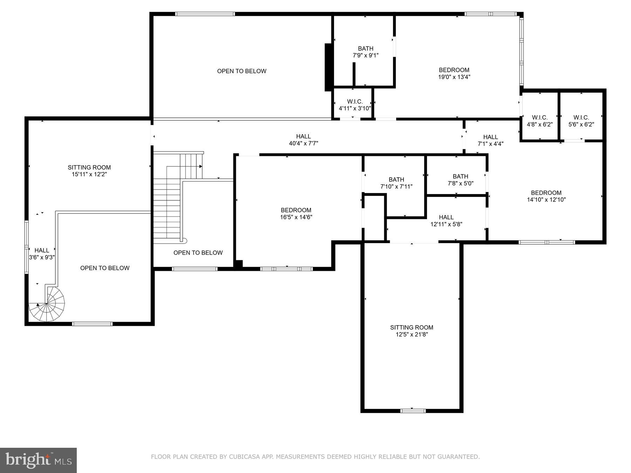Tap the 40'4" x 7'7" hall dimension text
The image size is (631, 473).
303,143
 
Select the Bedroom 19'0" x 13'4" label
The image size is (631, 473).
454,73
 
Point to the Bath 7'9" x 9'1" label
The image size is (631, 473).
366,52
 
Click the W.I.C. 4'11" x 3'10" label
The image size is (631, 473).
355,105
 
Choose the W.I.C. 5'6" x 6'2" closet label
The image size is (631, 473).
581,121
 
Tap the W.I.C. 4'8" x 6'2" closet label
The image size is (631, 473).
540,121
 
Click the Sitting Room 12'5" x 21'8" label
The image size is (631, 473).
412,331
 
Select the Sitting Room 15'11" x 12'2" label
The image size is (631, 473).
89,171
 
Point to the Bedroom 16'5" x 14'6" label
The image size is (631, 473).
296,213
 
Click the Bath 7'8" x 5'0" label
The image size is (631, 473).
460,179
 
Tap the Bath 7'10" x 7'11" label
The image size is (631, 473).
396,183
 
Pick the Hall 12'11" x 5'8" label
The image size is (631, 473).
446,220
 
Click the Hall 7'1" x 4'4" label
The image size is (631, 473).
490,140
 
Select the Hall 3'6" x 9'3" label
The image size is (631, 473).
42,254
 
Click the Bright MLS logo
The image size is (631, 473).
38,460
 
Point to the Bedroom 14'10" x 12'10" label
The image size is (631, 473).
546,196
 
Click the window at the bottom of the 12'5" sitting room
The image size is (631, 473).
413,411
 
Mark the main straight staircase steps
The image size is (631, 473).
167,210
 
